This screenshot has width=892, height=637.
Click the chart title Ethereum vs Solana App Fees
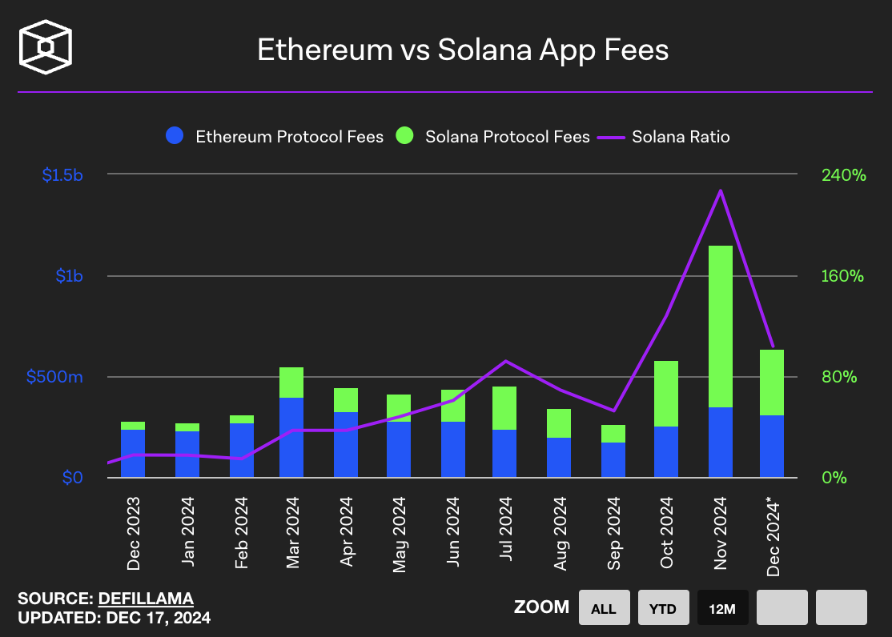[462, 50]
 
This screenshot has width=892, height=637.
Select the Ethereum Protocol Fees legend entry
[275, 136]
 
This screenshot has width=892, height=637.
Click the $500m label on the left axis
[54, 377]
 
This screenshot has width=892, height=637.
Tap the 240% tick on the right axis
[842, 174]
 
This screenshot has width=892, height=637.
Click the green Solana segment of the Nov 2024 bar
[721, 327]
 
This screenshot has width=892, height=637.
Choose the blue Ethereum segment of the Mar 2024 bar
[291, 437]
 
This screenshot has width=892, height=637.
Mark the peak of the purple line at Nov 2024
[721, 190]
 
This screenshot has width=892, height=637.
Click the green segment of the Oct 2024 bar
[666, 394]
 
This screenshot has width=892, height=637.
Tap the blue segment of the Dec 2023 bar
[133, 453]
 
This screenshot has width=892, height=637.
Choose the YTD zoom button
[663, 608]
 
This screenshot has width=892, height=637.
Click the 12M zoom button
[722, 608]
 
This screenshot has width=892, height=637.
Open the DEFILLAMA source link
[146, 599]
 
